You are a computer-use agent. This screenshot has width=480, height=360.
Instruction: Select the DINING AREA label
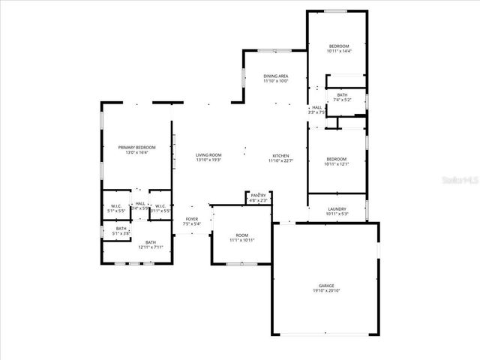coord(275,76)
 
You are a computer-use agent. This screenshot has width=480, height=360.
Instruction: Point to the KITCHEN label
coord(280,155)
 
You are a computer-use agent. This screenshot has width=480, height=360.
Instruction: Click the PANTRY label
coord(258,196)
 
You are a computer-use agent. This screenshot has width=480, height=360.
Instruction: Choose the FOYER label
coord(191,219)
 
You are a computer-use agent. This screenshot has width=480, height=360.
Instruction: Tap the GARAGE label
coord(325,286)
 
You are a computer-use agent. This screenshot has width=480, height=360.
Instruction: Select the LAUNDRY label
coord(337,209)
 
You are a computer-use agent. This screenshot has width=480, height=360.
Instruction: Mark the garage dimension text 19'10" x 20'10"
coord(325,291)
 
